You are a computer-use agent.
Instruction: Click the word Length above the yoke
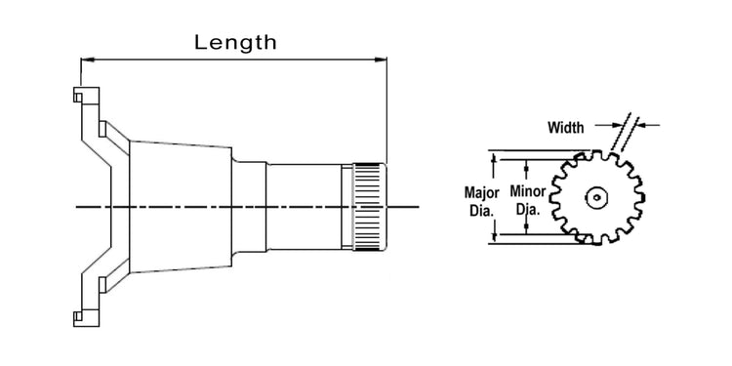pos(235,42)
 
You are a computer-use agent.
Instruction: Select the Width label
pos(565,127)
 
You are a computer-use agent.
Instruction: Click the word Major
pos(480,193)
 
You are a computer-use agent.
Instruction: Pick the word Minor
pos(528,193)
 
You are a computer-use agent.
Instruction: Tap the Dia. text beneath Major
pos(480,209)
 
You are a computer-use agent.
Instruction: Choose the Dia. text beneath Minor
pos(528,209)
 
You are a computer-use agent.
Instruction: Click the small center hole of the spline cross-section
pos(595,197)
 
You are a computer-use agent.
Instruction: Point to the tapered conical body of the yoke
pos(181,205)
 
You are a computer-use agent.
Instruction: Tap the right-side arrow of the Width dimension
pos(645,125)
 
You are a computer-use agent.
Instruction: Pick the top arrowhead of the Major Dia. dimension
pos(495,156)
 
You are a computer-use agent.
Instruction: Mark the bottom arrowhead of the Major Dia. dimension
pos(495,237)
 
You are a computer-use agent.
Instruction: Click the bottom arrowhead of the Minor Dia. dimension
pos(528,228)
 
